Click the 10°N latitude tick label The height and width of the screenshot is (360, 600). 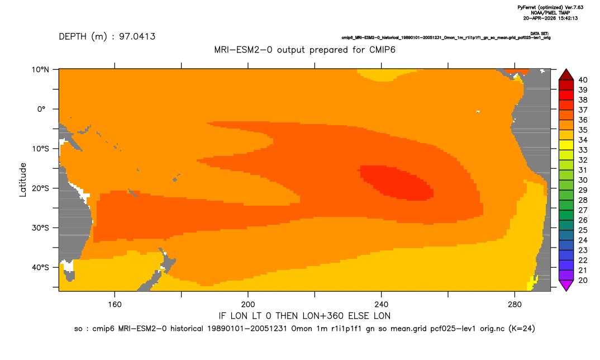coord(40,70)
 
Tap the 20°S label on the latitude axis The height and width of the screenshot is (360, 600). coord(40,188)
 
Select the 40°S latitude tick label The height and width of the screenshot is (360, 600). coord(40,267)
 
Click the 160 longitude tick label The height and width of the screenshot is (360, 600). coord(115,305)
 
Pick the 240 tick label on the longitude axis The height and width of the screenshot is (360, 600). coord(381,305)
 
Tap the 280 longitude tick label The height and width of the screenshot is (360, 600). coord(515,305)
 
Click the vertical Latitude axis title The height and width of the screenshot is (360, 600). coord(23,180)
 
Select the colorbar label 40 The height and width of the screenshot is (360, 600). coord(583,80)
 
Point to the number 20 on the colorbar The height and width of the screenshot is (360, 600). coord(583,280)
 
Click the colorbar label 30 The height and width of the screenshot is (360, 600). coord(583,180)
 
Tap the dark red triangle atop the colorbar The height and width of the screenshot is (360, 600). coord(566,75)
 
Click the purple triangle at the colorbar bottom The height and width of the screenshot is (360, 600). coord(566,285)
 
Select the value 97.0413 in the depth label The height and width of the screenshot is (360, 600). coord(137,36)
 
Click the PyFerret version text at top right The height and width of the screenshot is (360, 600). coord(550,7)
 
